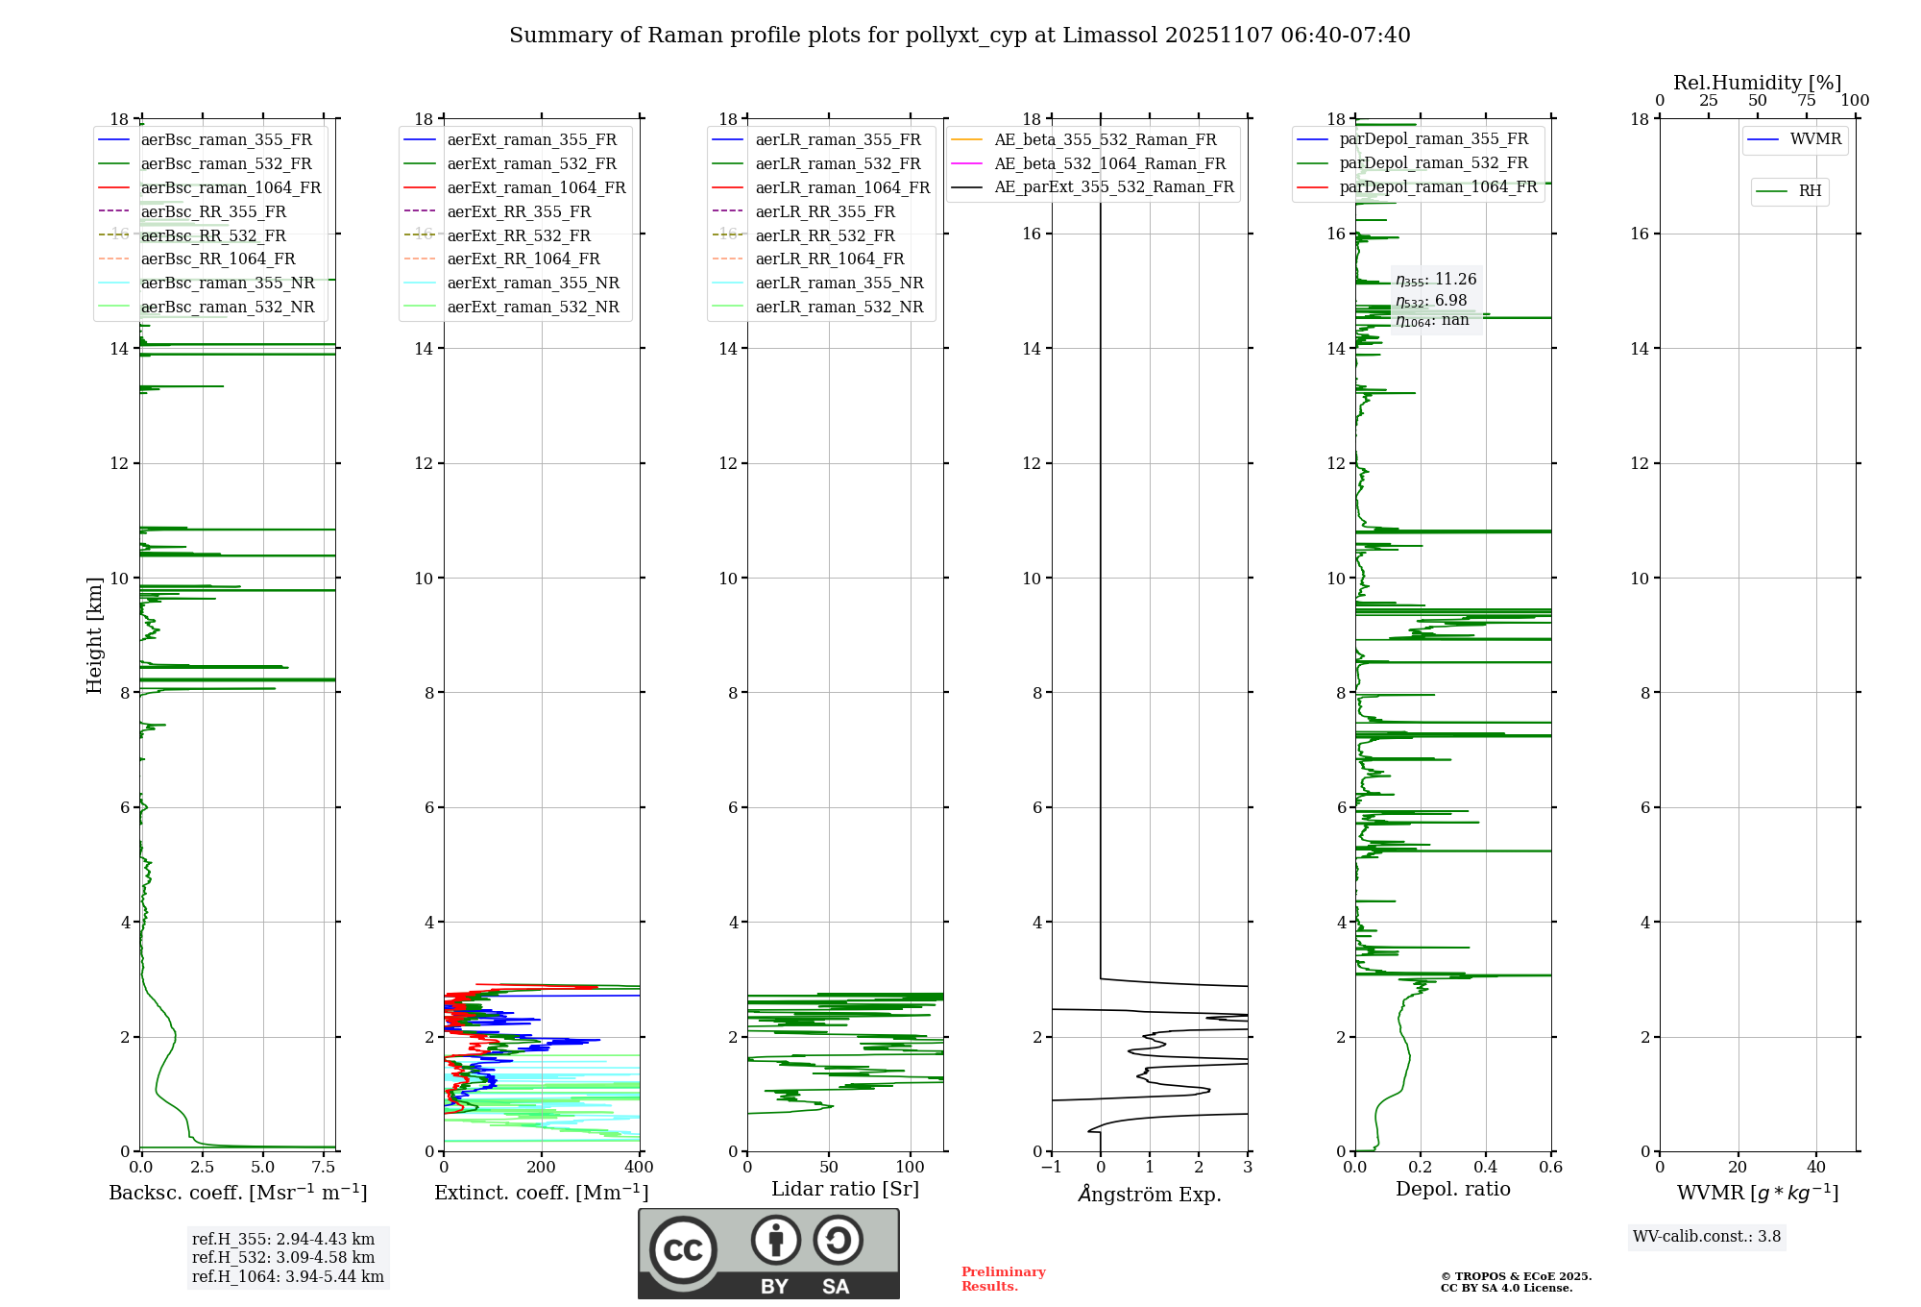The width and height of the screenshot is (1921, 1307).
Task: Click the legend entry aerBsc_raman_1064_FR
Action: (x=231, y=187)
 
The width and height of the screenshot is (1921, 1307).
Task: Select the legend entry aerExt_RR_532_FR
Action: (x=519, y=235)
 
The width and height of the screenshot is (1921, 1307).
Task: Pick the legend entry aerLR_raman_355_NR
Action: (x=839, y=283)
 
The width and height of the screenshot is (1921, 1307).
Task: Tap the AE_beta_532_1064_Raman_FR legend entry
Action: (x=1109, y=163)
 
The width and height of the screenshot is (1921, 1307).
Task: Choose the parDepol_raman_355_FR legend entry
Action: (x=1433, y=139)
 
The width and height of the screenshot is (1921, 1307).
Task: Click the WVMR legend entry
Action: (x=1815, y=139)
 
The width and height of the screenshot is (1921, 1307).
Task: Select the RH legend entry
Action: (x=1810, y=191)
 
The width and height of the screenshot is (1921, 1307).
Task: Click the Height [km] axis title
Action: (x=94, y=634)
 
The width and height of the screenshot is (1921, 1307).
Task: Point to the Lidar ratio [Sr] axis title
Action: (x=845, y=1189)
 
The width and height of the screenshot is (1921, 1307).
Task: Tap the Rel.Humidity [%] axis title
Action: (x=1757, y=83)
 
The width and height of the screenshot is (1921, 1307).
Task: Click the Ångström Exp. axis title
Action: (x=1150, y=1194)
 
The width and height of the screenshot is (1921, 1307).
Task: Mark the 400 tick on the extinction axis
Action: (x=640, y=1168)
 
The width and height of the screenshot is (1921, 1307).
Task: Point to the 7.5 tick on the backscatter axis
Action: (x=324, y=1168)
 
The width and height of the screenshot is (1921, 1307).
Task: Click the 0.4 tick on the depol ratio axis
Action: (x=1486, y=1168)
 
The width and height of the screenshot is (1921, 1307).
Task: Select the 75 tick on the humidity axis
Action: (x=1806, y=101)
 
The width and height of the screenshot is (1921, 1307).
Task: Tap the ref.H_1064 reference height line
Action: (x=288, y=1277)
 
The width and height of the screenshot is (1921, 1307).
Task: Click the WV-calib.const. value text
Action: (x=1707, y=1237)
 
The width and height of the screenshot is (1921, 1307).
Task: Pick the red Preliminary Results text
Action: (x=1003, y=1279)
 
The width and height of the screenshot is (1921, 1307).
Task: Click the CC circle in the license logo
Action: (x=683, y=1250)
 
